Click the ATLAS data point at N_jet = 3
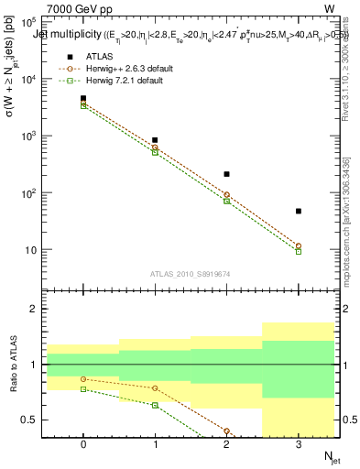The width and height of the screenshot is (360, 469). point(299,212)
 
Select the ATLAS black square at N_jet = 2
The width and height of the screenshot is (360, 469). point(227,174)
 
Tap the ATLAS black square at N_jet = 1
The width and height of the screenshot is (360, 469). point(155,140)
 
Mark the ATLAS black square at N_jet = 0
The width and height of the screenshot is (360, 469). point(83,98)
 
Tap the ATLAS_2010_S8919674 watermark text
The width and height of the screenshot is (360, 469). point(191,273)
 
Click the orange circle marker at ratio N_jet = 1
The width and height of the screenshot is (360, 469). point(155,388)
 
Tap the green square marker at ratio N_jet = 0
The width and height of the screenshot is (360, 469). point(83,389)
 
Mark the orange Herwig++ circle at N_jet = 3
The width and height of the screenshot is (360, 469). point(299,245)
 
